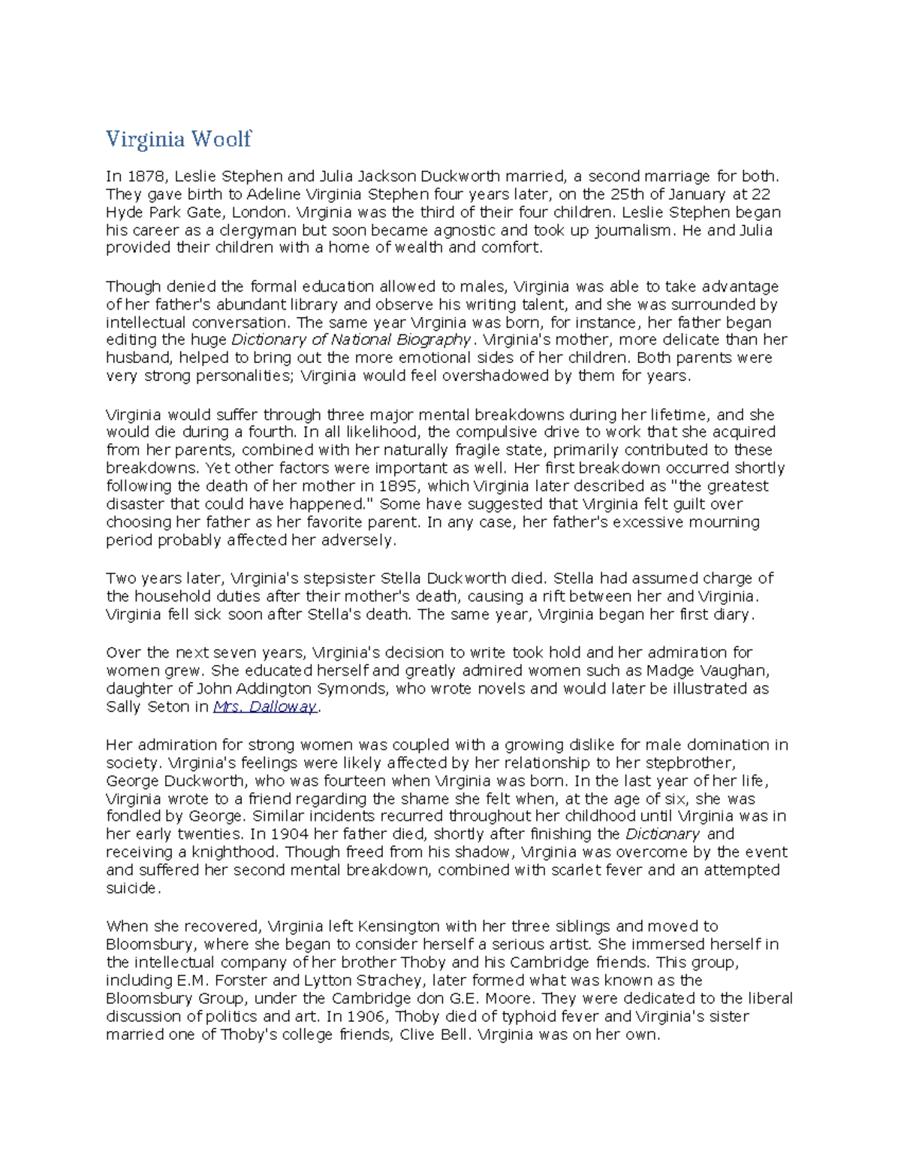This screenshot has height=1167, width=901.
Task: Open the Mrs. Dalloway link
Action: (x=265, y=707)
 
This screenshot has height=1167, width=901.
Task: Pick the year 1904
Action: (x=288, y=834)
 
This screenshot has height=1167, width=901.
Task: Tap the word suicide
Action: (x=132, y=888)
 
